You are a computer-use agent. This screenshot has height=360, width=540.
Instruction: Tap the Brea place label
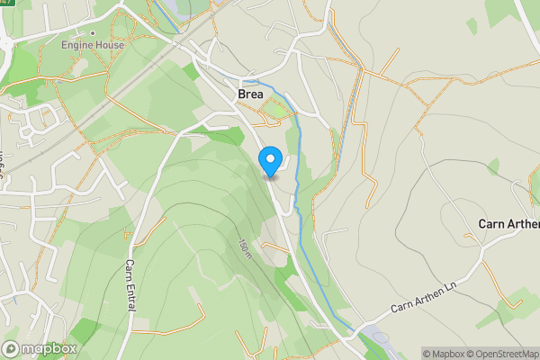click(x=250, y=94)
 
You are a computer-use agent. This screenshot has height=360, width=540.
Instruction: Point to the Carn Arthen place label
click(x=508, y=224)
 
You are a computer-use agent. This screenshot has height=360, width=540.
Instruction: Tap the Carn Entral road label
click(x=130, y=286)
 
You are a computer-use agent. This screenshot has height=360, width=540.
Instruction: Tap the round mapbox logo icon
click(x=12, y=349)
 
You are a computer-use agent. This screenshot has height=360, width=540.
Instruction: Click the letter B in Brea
click(x=241, y=94)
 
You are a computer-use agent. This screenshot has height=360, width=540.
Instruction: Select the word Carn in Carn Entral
click(x=130, y=269)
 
